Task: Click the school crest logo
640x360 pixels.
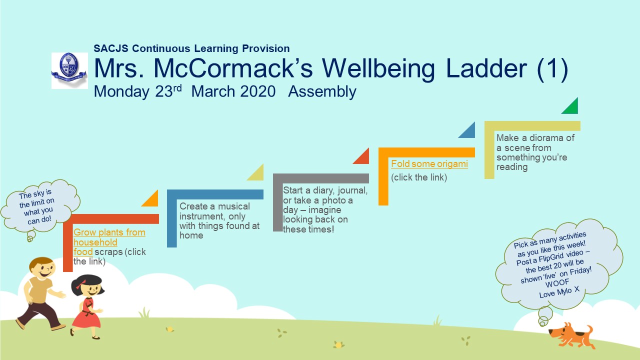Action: [x=69, y=70]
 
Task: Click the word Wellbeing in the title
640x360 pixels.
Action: [x=378, y=69]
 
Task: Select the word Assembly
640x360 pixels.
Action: [x=322, y=92]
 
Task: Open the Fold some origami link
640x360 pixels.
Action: [x=429, y=164]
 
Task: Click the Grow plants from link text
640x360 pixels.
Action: [x=109, y=232]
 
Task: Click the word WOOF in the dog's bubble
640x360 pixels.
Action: [x=557, y=283]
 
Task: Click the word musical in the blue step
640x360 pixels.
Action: [x=234, y=206]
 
